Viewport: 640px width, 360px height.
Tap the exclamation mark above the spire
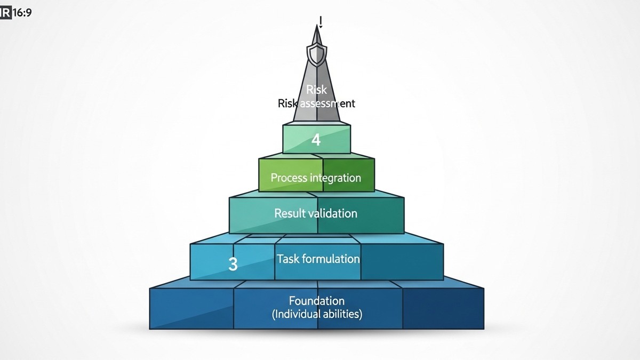click(321, 21)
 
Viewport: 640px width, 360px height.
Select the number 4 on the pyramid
click(316, 140)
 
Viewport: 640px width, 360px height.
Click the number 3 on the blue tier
click(233, 264)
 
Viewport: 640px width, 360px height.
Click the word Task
click(288, 259)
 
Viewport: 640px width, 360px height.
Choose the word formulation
click(331, 259)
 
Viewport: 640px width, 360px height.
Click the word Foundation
click(317, 301)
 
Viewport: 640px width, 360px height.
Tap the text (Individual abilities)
click(317, 314)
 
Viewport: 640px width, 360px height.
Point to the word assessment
click(325, 103)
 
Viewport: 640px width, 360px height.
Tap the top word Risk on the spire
click(317, 90)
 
